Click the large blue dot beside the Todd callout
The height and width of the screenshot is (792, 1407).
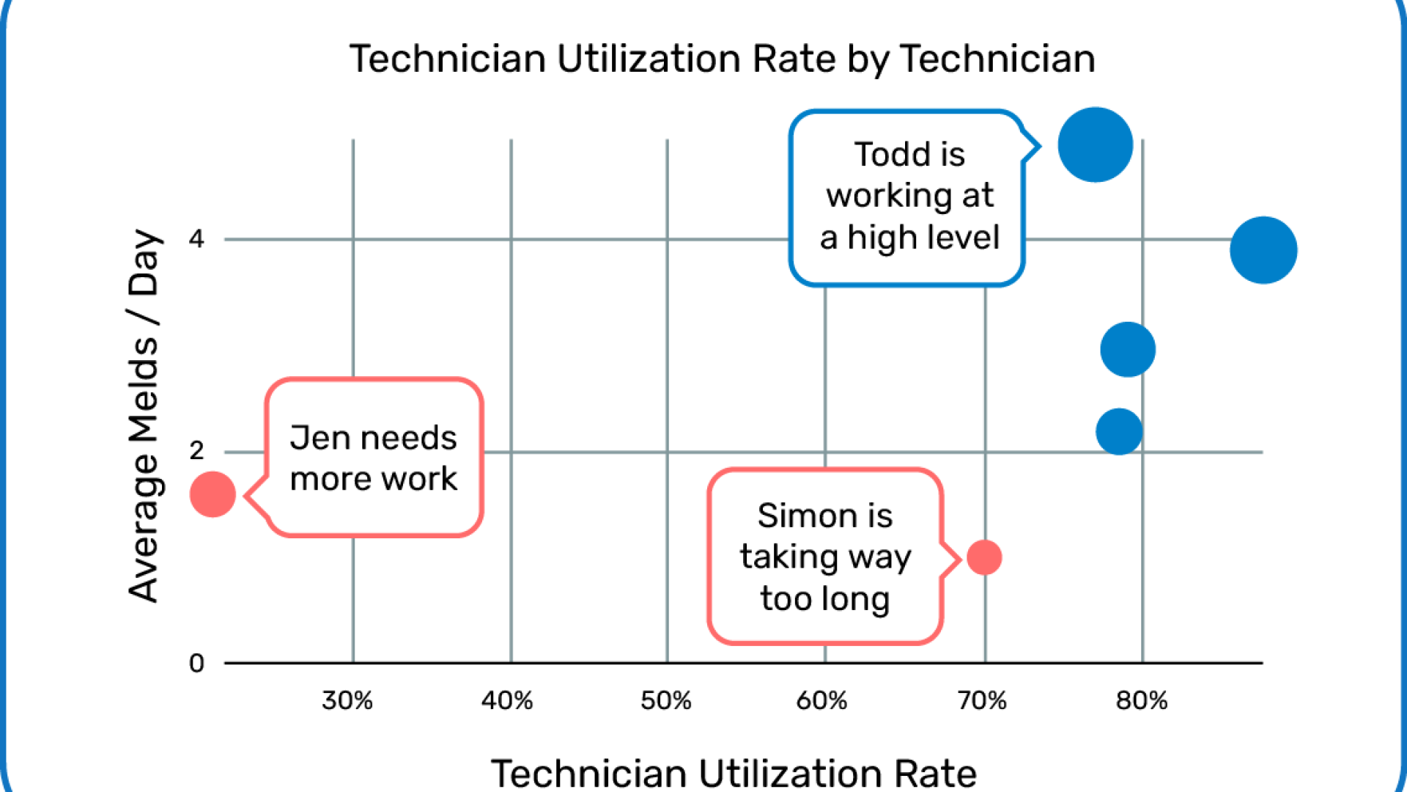click(1095, 144)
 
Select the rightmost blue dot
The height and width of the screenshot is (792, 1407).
click(1263, 250)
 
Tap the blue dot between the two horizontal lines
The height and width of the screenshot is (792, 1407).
click(1128, 349)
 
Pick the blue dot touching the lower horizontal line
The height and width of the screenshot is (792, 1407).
click(1118, 431)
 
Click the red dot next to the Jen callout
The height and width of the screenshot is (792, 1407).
click(213, 494)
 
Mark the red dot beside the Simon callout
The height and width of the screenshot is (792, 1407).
click(984, 557)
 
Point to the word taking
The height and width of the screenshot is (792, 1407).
click(788, 557)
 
